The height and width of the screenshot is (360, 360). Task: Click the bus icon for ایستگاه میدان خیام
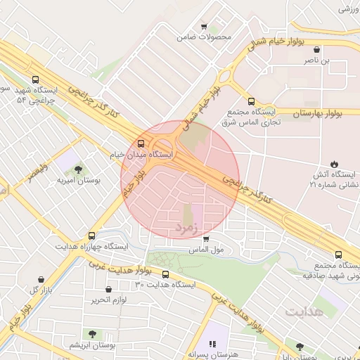coord(142,143)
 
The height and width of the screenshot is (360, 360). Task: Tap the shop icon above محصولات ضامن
coord(204,26)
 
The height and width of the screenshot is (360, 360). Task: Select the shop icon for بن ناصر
coord(316,50)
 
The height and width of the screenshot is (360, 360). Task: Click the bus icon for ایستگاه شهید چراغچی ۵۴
coord(35,80)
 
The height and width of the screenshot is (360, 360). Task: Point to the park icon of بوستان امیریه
coord(77,169)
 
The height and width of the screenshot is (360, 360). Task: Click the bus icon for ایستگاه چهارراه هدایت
coord(91,236)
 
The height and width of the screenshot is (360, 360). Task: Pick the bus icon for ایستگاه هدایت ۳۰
coord(165,275)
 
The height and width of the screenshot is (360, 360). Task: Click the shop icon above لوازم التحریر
coord(108,290)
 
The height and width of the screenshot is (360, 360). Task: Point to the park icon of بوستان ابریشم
coord(92,333)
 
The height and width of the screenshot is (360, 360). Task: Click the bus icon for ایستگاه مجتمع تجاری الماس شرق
coord(252,101)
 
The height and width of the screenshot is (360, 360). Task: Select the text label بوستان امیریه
coord(79,180)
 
